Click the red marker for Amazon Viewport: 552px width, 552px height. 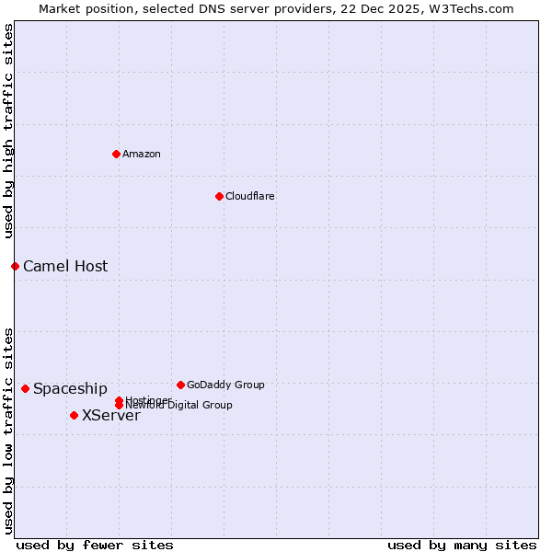tap(116, 154)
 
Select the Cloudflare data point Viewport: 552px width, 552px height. tap(219, 196)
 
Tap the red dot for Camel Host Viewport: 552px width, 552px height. tap(15, 266)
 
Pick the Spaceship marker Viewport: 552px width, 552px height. tap(25, 388)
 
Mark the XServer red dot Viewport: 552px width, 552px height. tap(74, 415)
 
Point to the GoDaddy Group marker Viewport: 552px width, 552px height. tap(180, 385)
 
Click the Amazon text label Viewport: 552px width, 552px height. tap(142, 154)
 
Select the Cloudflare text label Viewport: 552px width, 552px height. tap(250, 196)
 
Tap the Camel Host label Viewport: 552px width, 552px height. tap(65, 267)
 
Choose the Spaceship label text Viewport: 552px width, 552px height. tap(70, 389)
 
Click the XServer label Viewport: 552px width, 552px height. tap(111, 416)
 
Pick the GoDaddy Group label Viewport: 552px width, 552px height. tap(225, 385)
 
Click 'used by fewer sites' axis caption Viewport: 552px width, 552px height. tap(95, 545)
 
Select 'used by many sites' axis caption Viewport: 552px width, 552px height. tap(462, 545)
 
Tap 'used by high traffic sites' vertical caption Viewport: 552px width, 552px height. tap(9, 131)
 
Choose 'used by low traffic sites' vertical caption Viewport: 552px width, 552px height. tap(9, 430)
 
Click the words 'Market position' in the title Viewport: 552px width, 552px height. tap(83, 9)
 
